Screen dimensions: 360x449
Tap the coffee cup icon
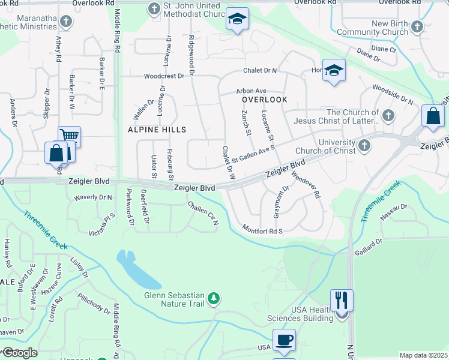[284, 340]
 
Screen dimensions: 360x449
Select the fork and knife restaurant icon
[342, 299]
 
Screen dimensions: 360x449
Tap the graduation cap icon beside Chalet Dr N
[334, 70]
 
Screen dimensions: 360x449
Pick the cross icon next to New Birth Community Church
[418, 27]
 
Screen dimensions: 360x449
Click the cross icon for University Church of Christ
[364, 145]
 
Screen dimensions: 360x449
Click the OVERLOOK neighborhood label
[265, 100]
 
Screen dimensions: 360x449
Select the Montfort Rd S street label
[262, 229]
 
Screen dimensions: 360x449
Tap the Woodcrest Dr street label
[164, 76]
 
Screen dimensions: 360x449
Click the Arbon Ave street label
[251, 91]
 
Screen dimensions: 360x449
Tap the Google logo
[19, 353]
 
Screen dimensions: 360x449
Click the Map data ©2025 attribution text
[423, 355]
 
